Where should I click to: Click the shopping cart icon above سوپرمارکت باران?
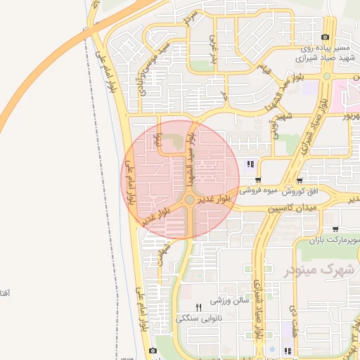click(x=335, y=228)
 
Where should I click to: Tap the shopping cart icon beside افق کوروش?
click(x=300, y=181)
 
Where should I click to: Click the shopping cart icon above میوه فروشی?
click(x=259, y=181)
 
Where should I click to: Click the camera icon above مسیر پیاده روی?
click(x=325, y=37)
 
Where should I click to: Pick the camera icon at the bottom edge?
click(x=153, y=351)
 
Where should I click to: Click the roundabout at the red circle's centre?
click(x=189, y=201)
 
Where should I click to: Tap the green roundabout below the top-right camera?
click(x=326, y=77)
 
